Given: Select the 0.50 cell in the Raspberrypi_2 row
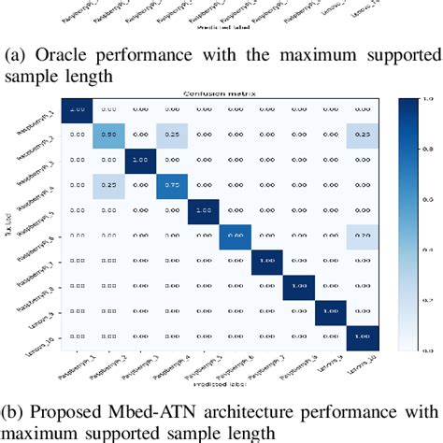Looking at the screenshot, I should (107, 135).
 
